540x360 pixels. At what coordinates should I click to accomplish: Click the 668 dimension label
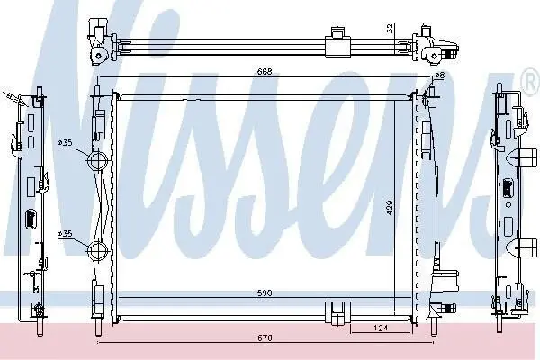[265, 72]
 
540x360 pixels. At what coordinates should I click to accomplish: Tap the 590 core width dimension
[265, 293]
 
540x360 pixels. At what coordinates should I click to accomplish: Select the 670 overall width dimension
[265, 337]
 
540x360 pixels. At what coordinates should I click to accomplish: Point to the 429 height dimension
[390, 208]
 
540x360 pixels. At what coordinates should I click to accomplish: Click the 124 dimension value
[381, 328]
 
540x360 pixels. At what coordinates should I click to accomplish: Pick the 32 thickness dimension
[390, 29]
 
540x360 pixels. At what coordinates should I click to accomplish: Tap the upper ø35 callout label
[65, 142]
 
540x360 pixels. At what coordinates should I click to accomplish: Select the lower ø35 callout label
[65, 234]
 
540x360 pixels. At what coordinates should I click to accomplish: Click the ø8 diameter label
[440, 75]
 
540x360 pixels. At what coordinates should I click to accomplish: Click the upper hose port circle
[98, 160]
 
